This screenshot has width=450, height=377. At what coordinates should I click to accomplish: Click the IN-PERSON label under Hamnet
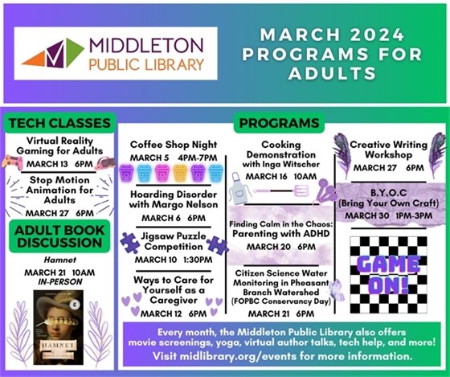[58, 282]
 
